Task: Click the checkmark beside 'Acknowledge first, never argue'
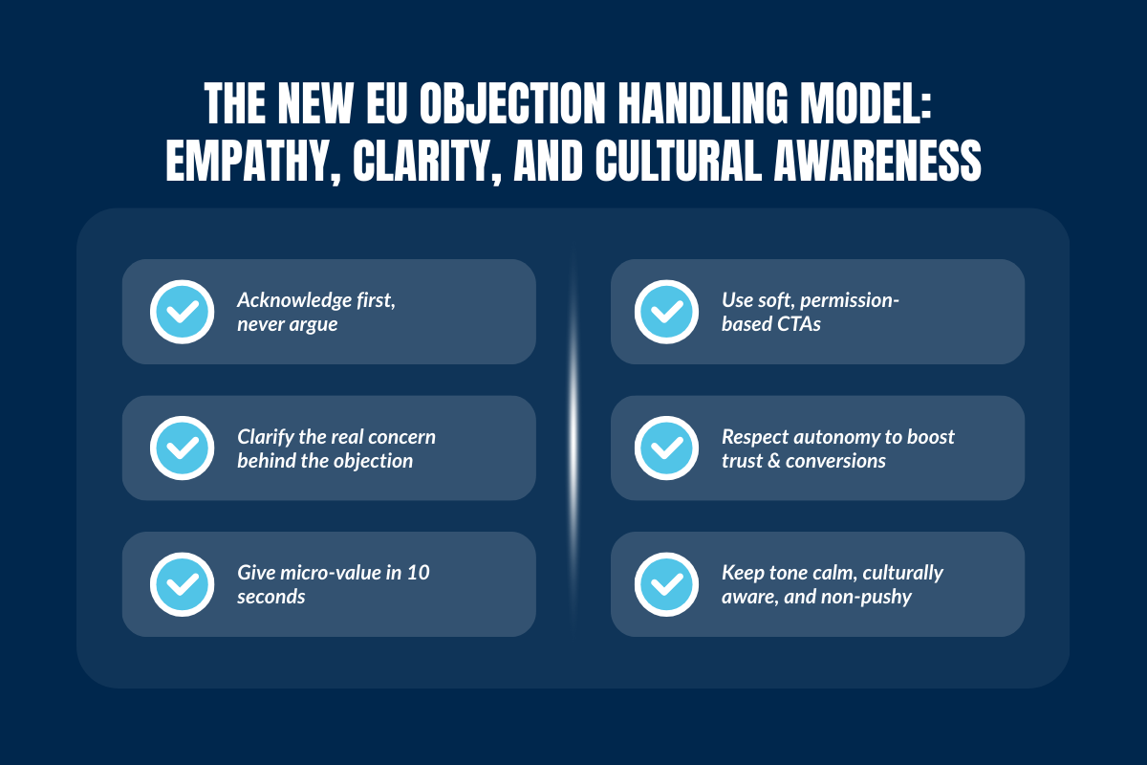182,312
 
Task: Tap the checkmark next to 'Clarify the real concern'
182,448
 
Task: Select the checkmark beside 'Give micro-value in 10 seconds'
182,584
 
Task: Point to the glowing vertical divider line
573,402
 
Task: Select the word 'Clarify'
266,438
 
